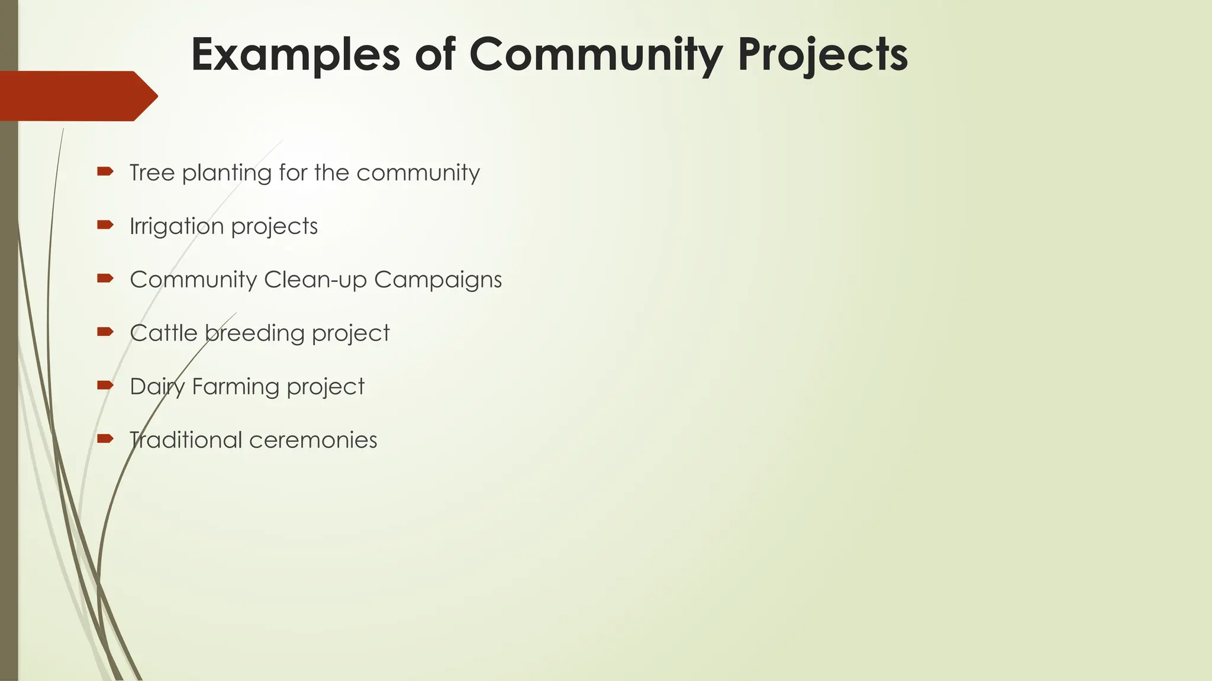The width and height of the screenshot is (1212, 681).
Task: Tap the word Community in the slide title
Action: pyautogui.click(x=595, y=55)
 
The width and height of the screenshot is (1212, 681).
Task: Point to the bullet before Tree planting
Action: pyautogui.click(x=105, y=171)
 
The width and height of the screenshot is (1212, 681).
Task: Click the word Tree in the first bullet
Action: pyautogui.click(x=152, y=173)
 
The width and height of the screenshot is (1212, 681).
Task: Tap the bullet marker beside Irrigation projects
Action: pyautogui.click(x=105, y=224)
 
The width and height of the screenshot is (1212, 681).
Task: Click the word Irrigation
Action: pyautogui.click(x=176, y=226)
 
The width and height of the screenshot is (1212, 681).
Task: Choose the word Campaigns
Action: pyautogui.click(x=437, y=280)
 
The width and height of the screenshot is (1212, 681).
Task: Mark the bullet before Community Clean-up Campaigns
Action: pyautogui.click(x=105, y=278)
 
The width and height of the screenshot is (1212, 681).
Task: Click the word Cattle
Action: pyautogui.click(x=163, y=333)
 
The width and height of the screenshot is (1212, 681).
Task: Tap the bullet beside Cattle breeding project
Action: pyautogui.click(x=105, y=331)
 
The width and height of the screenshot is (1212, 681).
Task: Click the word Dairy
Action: pyautogui.click(x=157, y=387)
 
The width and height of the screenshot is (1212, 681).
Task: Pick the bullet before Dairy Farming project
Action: pyautogui.click(x=105, y=385)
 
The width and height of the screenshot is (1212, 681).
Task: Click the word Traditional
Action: pyautogui.click(x=185, y=440)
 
